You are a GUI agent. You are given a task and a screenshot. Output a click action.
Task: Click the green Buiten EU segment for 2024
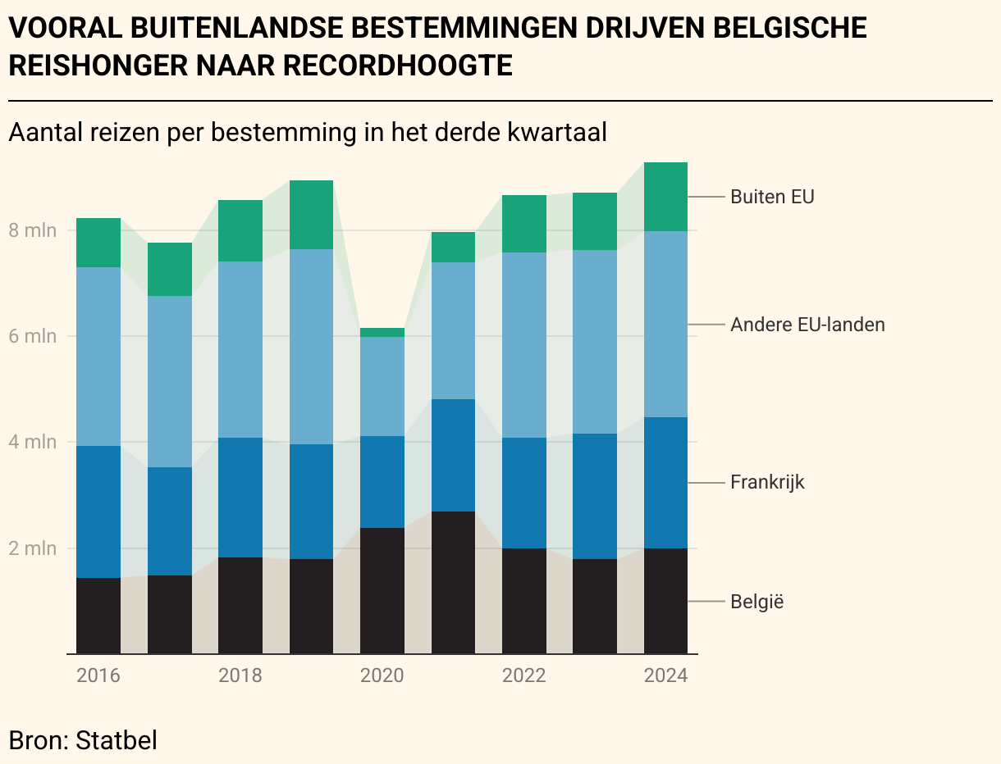(665, 197)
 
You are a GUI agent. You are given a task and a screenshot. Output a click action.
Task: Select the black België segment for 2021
(453, 582)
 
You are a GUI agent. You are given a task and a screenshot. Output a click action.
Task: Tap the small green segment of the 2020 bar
(382, 332)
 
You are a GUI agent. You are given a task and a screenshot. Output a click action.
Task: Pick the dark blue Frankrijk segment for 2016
(98, 512)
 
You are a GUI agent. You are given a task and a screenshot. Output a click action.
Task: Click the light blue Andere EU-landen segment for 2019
(311, 346)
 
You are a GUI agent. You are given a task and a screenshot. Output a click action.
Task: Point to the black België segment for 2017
(169, 614)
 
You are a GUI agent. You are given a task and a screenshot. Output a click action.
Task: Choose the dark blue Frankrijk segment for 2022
(523, 493)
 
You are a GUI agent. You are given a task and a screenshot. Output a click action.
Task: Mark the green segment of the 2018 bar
(240, 230)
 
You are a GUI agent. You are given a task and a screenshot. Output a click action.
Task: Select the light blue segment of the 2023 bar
(595, 341)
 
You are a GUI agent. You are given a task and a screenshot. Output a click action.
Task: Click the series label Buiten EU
(771, 197)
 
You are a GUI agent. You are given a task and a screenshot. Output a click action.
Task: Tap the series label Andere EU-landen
(807, 325)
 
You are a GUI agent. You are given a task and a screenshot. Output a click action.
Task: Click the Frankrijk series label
(767, 482)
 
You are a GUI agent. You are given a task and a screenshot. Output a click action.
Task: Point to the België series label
(756, 602)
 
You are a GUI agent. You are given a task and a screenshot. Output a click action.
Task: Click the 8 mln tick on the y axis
(33, 230)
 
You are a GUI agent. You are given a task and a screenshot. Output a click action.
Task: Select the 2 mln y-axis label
(33, 548)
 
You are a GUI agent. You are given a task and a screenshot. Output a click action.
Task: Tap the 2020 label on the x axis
(382, 675)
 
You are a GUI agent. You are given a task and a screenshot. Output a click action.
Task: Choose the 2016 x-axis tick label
(98, 675)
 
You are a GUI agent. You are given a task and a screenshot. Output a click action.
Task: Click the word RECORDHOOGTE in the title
(397, 66)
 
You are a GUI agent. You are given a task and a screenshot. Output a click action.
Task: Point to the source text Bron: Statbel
(82, 739)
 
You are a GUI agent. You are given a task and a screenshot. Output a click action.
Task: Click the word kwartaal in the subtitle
(557, 133)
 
